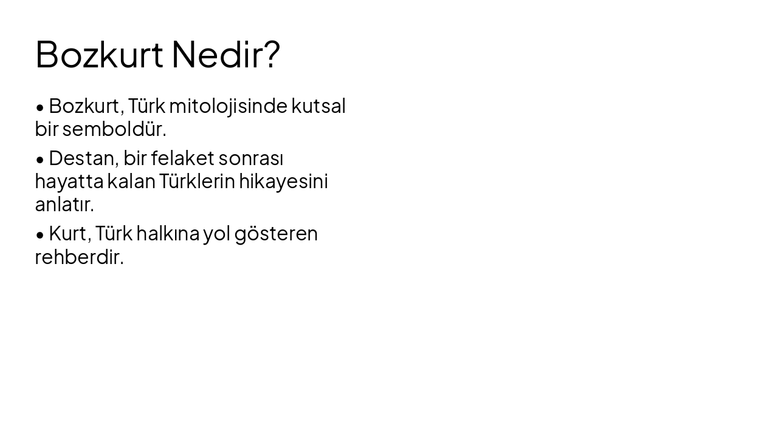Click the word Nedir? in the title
[x=225, y=55]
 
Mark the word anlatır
[x=64, y=205]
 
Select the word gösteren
[x=276, y=234]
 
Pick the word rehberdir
[x=79, y=257]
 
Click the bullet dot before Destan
[x=40, y=160]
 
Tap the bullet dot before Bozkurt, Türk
[x=40, y=107]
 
